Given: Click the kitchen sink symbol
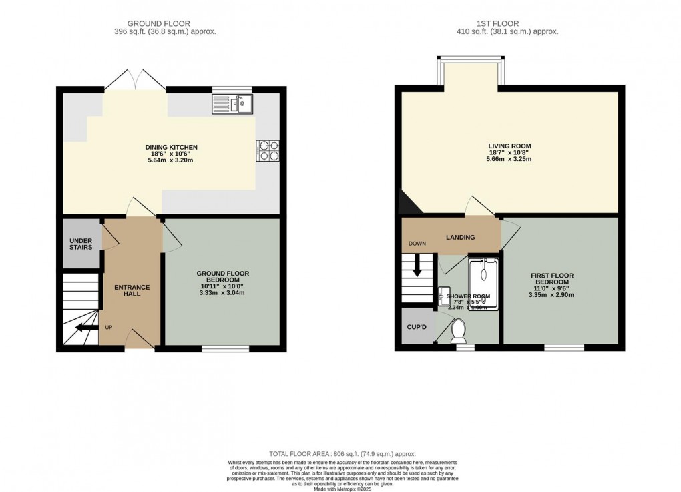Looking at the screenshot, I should (232, 103).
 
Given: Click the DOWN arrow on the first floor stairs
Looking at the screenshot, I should (417, 268).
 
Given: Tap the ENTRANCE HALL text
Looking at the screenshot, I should (132, 290).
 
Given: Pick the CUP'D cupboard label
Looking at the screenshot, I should (417, 328).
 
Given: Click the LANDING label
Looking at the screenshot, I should (460, 237).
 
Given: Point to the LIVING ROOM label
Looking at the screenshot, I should (509, 146).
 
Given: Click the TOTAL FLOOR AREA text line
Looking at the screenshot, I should (342, 454).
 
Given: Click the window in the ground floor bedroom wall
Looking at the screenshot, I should (225, 348).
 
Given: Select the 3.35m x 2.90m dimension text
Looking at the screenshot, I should (551, 294).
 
